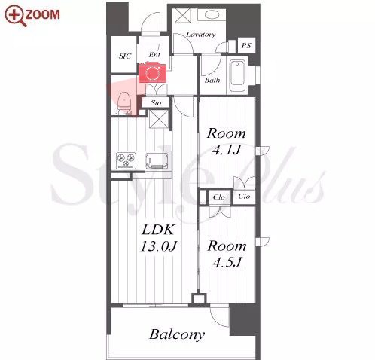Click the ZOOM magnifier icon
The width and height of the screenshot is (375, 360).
click(x=16, y=16)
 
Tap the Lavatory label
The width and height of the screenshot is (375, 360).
click(x=201, y=35)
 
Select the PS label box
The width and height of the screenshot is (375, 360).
click(x=246, y=45)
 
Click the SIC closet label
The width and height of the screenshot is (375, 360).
click(x=125, y=56)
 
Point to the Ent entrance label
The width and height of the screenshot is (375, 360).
click(x=154, y=54)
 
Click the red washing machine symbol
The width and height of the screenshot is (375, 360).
click(x=152, y=73)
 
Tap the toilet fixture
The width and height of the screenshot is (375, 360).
click(x=123, y=103)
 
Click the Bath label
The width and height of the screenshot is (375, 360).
click(x=212, y=81)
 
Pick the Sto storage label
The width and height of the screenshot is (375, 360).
click(x=156, y=102)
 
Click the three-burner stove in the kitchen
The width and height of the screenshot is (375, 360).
click(x=126, y=160)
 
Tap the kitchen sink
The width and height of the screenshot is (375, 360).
click(x=157, y=160)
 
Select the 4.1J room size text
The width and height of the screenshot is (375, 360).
click(x=227, y=150)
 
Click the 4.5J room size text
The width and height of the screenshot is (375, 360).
click(x=227, y=263)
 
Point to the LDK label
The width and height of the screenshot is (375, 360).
click(x=158, y=230)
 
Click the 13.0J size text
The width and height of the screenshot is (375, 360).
click(x=159, y=246)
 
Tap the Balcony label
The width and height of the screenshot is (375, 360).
click(x=177, y=334)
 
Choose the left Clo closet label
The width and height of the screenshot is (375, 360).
click(x=218, y=197)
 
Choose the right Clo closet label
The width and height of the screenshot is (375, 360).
click(x=244, y=197)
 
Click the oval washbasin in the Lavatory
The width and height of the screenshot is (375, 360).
click(x=212, y=15)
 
